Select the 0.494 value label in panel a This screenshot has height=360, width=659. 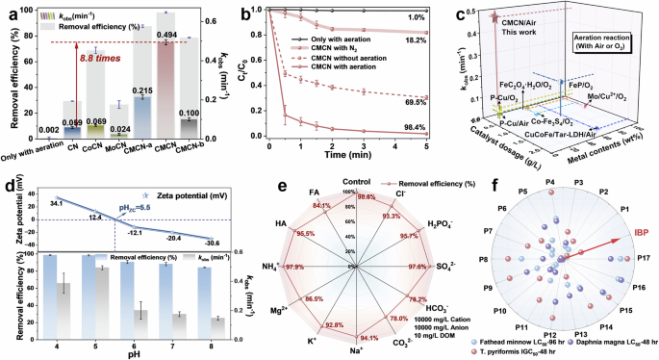167,34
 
